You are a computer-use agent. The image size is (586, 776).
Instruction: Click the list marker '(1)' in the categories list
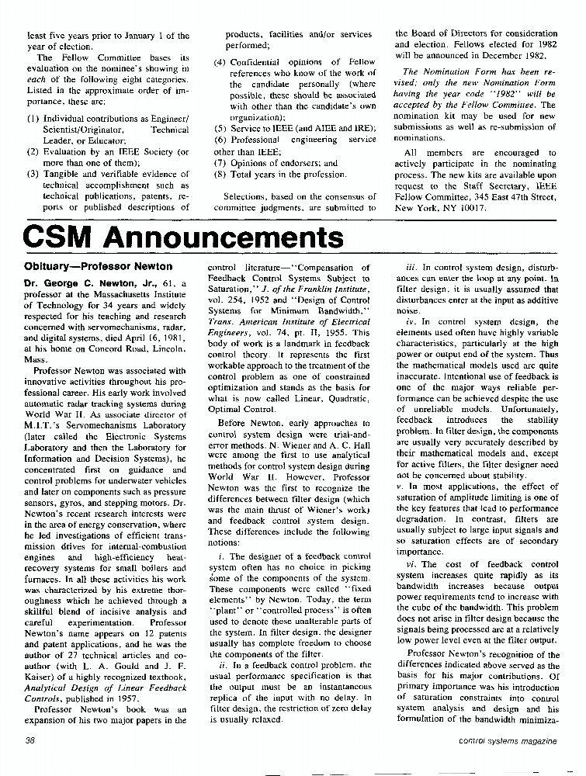(33, 120)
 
